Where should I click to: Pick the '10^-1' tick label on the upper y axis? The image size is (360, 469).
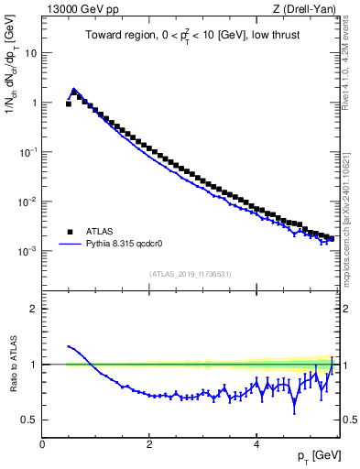click(30, 152)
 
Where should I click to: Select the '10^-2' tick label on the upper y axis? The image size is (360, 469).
click(30, 201)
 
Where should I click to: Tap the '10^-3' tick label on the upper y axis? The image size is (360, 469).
click(30, 250)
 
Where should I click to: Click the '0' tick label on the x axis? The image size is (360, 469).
click(42, 444)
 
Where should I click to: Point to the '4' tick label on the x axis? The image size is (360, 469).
click(256, 444)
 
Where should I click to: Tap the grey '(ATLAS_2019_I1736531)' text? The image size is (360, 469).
click(191, 274)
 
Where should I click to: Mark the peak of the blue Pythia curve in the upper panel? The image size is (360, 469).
click(74, 89)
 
